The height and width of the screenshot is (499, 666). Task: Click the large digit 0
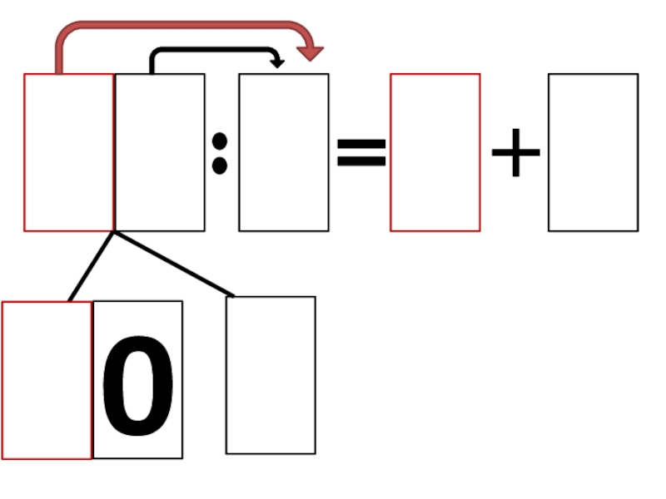[138, 384]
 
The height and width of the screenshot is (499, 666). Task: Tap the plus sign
[516, 152]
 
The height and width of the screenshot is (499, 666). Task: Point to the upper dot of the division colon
[220, 141]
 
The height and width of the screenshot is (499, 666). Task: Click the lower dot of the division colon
[220, 166]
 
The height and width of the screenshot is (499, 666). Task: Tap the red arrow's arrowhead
[311, 52]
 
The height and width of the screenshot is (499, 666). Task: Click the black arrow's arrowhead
[278, 62]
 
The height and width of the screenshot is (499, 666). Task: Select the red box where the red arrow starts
[68, 152]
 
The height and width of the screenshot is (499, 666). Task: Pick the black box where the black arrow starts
[160, 152]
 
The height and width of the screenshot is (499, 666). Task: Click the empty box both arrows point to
[283, 152]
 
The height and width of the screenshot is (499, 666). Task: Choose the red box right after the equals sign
[435, 152]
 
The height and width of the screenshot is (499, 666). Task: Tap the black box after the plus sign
[593, 152]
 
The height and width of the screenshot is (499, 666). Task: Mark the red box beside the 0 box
[47, 380]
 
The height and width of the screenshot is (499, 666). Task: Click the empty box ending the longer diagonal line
[271, 375]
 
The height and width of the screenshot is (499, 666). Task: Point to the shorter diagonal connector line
[92, 265]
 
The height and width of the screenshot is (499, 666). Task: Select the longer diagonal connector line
[173, 263]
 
